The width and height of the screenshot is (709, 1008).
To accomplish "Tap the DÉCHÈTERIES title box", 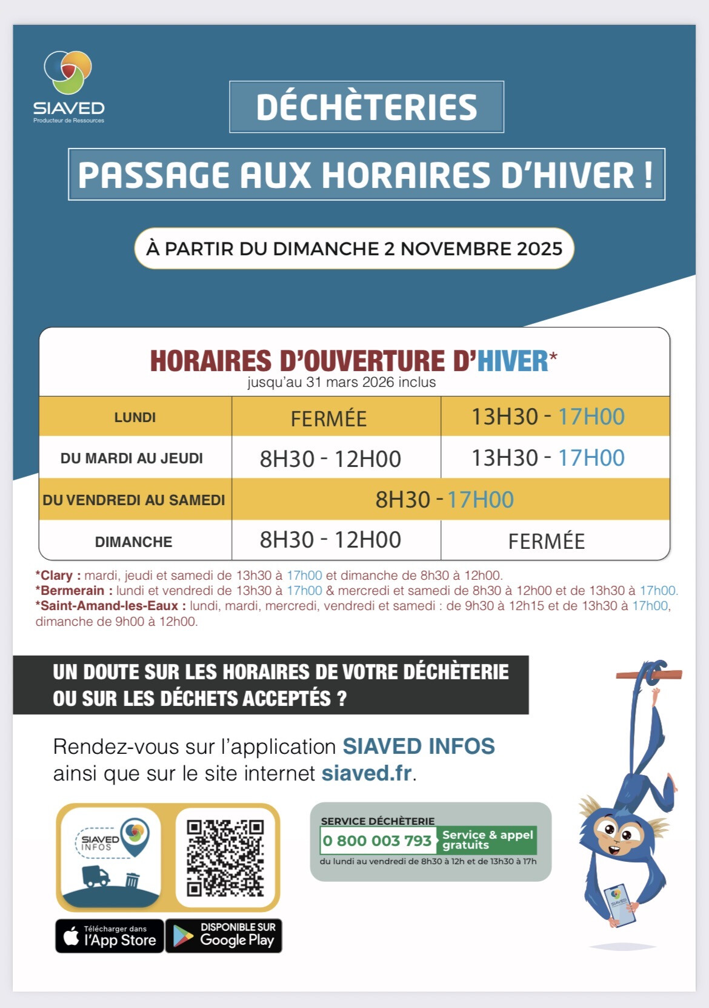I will point(367,107).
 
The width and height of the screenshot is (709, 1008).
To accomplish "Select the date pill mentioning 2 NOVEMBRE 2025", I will point(354,249).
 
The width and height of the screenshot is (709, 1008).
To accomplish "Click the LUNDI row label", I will point(135,417).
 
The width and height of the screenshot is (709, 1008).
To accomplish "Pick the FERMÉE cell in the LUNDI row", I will point(328,418).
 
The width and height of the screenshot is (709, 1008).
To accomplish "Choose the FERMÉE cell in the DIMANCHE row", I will point(546,541).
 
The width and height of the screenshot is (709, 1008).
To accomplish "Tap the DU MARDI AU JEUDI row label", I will point(131,459).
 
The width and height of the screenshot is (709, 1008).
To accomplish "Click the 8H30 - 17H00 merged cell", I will point(444,500).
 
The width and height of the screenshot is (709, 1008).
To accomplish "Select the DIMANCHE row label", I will point(133,542).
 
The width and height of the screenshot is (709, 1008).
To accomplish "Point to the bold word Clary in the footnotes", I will point(56,576).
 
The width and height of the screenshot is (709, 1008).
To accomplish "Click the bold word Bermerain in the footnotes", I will point(73,591).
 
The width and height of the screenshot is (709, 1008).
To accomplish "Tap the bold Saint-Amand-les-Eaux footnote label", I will point(110,606).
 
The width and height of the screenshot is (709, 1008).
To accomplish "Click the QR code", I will point(225,858).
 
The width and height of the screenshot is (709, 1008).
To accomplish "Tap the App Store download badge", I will point(110,936).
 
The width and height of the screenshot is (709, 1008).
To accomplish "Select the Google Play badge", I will point(224,936).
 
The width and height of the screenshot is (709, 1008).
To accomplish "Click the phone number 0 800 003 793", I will point(377,841).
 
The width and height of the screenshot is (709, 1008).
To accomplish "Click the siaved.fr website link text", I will point(367,773).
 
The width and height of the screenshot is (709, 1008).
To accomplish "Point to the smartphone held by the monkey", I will point(619,904).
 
